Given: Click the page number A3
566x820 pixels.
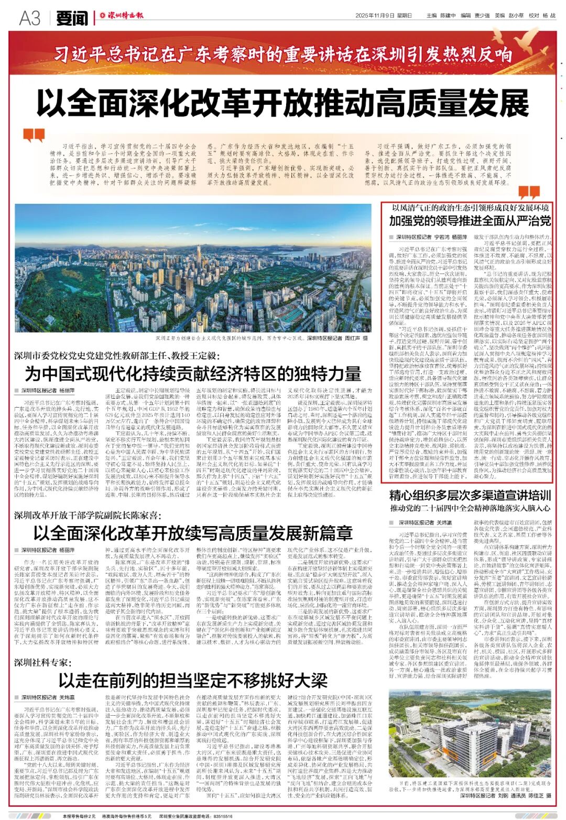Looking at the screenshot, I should (30, 18).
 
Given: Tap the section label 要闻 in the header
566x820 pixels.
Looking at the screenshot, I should (72, 18).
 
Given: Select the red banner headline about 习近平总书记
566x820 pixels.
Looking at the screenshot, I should (284, 53).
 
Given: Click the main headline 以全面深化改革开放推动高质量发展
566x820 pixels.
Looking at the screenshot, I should (284, 103).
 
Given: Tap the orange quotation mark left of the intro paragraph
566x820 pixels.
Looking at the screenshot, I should (34, 136).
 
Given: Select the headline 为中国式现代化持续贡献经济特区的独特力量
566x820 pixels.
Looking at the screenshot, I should (193, 374).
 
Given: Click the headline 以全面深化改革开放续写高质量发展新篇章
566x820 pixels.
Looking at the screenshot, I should (193, 532).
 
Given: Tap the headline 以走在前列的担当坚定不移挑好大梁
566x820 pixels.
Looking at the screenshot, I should (193, 680).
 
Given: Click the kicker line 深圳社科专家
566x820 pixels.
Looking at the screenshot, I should (41, 662).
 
